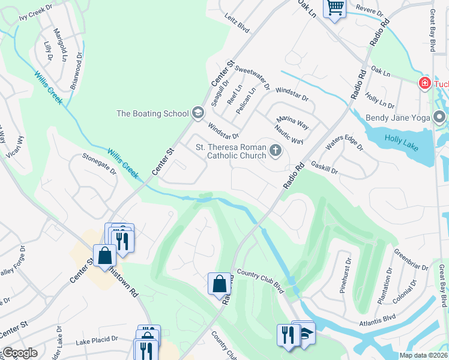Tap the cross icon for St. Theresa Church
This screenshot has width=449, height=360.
coord(276,150)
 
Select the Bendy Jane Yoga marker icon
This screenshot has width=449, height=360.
coord(439,117)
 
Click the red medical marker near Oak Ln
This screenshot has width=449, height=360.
coord(424,82)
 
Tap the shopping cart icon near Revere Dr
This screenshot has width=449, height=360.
coord(335,8)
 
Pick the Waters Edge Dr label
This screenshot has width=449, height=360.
coord(345,144)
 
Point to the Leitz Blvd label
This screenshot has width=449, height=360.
coord(237,24)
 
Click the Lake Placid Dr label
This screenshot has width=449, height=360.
coord(97,341)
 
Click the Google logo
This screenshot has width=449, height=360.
coord(20,353)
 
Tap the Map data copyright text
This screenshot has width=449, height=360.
coord(423,355)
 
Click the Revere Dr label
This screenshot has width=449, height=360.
coord(369,11)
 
